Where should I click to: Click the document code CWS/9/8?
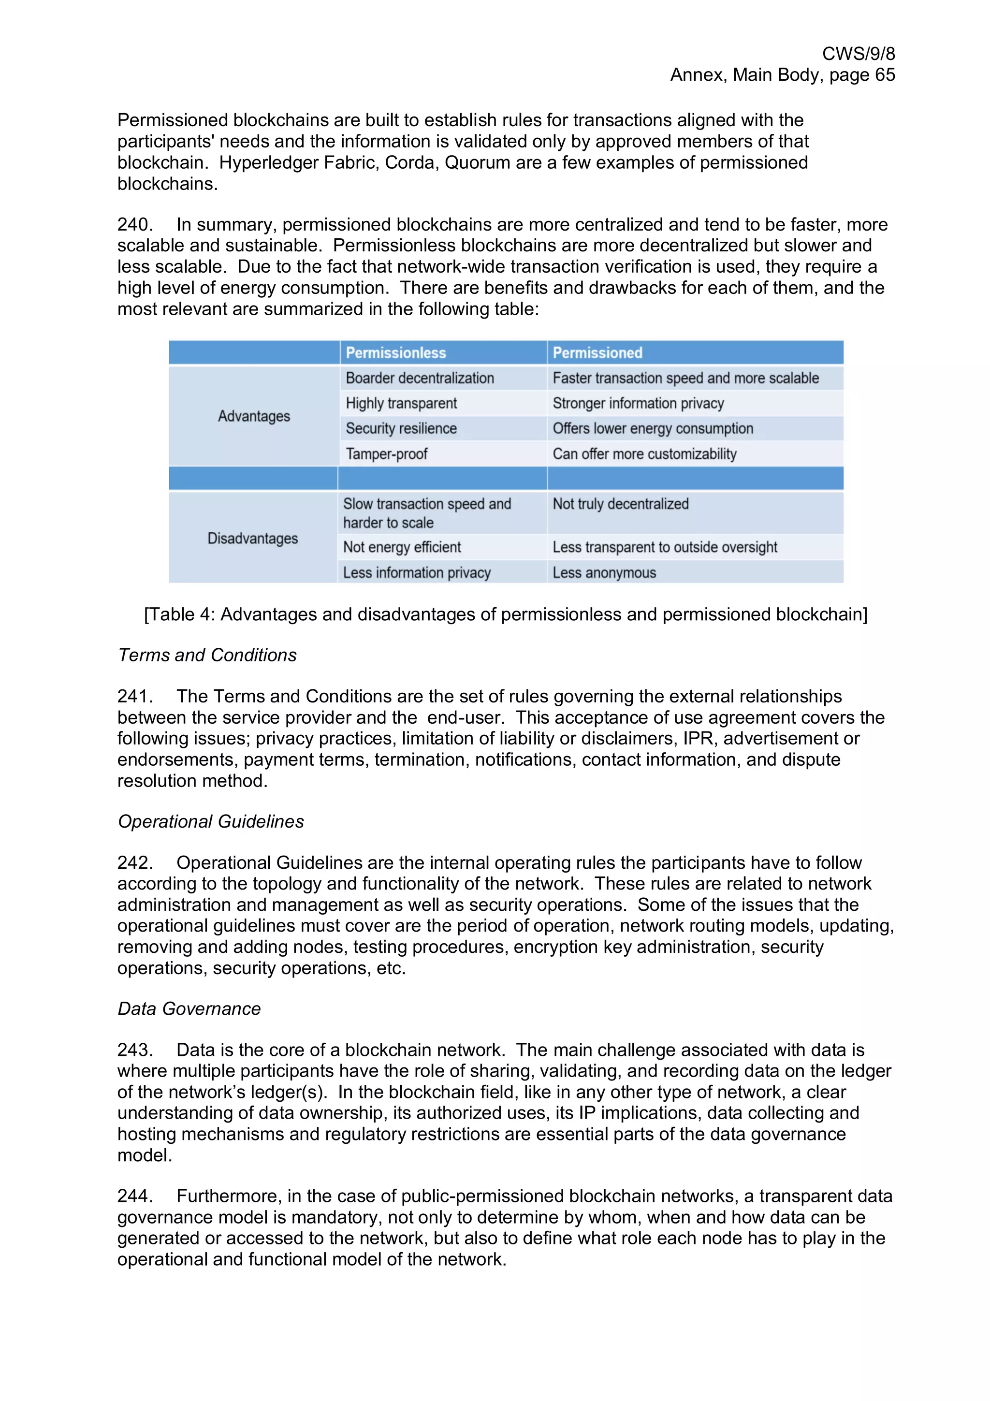(x=858, y=54)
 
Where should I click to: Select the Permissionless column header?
(x=395, y=353)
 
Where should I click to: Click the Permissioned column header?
(x=597, y=353)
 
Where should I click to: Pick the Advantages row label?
(x=254, y=416)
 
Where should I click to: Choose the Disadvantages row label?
(x=252, y=538)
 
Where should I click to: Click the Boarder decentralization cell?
(x=420, y=379)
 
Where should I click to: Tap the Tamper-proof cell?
(x=386, y=454)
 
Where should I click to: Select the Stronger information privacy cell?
(x=638, y=403)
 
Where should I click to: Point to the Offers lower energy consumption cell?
(x=653, y=428)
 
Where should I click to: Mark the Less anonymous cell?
(x=604, y=573)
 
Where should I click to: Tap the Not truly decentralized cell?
(x=620, y=504)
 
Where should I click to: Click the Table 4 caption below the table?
(x=505, y=614)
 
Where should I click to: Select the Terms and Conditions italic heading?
(x=207, y=656)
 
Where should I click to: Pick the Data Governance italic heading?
(x=189, y=1009)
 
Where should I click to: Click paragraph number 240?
(x=135, y=224)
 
